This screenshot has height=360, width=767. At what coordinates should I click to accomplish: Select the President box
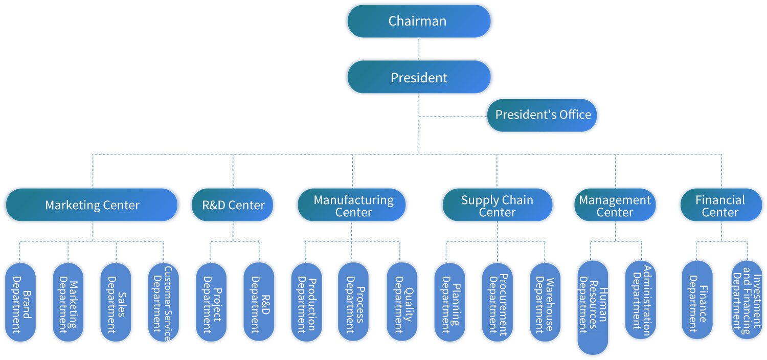pos(419,77)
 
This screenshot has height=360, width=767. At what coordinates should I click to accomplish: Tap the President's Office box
pos(542,115)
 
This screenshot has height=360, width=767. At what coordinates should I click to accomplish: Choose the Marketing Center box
pos(92,205)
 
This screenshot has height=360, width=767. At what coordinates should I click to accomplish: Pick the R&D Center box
pos(233,205)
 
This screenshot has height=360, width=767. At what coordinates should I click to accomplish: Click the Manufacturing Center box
pos(352,205)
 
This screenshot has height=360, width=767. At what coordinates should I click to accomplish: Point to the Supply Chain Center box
pos(497,205)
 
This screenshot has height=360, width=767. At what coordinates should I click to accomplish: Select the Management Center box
pos(615,205)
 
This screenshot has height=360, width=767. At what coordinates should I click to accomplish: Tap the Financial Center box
pos(720,205)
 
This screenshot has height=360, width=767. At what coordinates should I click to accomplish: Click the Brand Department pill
pos(20,302)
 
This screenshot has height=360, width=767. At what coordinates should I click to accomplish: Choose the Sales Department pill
pos(116,302)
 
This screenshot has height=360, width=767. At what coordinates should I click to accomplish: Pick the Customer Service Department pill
pos(164,302)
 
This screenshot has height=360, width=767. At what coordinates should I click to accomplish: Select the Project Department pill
pos(211,302)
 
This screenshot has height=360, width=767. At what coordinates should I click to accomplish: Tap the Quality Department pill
pos(402,302)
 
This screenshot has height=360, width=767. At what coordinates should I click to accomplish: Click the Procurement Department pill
pos(497,302)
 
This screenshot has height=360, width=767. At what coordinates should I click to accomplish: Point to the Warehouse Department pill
pos(545,302)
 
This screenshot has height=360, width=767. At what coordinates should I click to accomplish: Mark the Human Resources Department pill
pos(593,307)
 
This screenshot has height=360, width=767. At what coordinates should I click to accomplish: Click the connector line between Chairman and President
pos(419,49)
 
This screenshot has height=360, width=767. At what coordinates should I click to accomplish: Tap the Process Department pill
pos(353,302)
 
